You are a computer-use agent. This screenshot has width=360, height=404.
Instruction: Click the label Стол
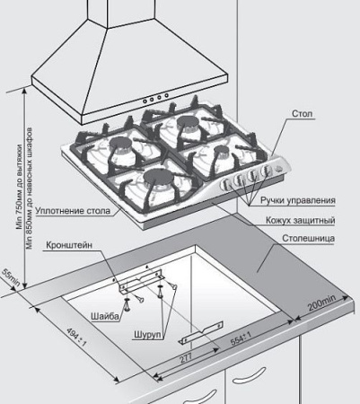pos(303,114)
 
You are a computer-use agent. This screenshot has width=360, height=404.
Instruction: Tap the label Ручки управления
pos(298,200)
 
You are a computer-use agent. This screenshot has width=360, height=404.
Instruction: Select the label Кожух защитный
pos(301,221)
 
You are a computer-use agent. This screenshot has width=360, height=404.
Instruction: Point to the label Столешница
pos(309,239)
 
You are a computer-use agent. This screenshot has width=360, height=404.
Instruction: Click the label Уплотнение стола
pos(73,211)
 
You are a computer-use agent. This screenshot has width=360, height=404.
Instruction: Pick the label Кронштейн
pos(69,245)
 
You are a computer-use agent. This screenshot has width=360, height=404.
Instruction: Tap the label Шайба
pos(105,316)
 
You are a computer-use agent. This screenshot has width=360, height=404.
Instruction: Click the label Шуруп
pos(148,334)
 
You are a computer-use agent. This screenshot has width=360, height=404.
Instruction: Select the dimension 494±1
pos(76,337)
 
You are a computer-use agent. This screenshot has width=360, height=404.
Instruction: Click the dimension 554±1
pos(241,338)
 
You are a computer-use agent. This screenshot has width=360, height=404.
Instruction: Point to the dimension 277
pos(186,357)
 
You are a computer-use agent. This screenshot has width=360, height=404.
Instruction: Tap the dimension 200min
pos(322,303)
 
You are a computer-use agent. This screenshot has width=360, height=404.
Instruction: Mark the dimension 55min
pos(11,277)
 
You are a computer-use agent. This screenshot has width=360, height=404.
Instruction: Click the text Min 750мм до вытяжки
pos(20,187)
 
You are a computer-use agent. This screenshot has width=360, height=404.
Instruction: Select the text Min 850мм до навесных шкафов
pos(30,189)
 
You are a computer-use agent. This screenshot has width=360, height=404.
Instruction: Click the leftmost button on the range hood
pos(145,101)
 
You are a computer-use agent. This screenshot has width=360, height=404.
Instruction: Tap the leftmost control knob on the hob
pos(225,184)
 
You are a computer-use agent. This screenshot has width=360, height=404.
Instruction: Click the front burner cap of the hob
pos(158,177)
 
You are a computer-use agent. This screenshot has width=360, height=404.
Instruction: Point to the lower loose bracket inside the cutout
pos(201,333)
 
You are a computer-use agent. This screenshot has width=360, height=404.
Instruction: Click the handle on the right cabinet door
pos(250,375)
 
